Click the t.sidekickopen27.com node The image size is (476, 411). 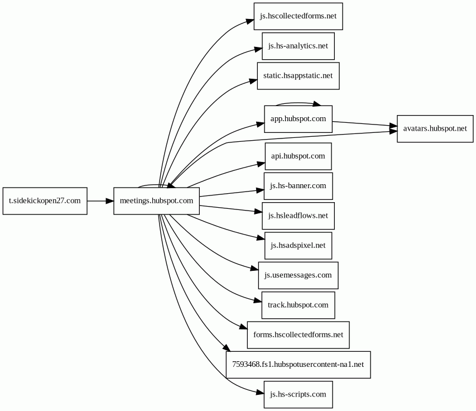(x=45, y=201)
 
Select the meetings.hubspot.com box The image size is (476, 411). (x=157, y=201)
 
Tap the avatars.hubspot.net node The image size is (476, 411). (x=435, y=128)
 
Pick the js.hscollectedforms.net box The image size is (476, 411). (x=298, y=16)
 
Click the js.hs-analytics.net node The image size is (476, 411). (x=298, y=46)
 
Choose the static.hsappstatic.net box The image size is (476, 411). (x=298, y=76)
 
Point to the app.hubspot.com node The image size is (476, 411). (x=298, y=119)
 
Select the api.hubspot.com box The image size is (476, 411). (x=298, y=156)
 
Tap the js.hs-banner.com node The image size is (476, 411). (x=298, y=186)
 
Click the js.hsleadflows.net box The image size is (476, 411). (x=298, y=216)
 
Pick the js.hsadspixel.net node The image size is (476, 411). (x=298, y=246)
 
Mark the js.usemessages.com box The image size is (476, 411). (x=298, y=275)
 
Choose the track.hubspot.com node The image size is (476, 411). (x=298, y=305)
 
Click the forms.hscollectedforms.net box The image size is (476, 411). (x=298, y=335)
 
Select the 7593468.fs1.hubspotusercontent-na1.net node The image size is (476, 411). (x=298, y=365)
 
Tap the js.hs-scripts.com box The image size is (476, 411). (x=298, y=395)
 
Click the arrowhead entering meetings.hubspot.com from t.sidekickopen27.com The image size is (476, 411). (x=109, y=201)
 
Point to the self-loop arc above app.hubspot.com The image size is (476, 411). (x=297, y=103)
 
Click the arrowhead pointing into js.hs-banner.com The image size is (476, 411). (x=260, y=190)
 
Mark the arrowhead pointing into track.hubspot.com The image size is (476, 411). (x=258, y=301)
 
